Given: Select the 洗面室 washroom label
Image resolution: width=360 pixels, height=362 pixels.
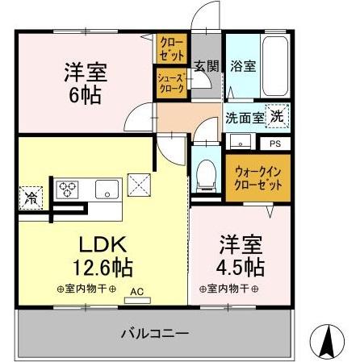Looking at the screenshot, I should point(244,117).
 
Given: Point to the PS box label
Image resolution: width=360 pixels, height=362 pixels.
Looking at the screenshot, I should point(274,144).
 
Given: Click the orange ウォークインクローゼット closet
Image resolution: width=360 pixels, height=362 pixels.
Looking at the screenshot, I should point(257,178).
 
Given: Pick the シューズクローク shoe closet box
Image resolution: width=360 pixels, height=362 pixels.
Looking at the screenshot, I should point(171,83).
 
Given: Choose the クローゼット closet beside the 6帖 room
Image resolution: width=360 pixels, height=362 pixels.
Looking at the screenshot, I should point(171,48).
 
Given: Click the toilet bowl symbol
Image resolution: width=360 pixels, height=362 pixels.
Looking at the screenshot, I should point(206,173).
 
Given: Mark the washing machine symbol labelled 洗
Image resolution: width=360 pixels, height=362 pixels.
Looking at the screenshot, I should point(277,116).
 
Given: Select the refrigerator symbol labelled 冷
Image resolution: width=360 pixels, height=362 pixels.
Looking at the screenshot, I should point(31,196).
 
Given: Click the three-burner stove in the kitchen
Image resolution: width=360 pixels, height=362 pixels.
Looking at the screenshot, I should point(67,189).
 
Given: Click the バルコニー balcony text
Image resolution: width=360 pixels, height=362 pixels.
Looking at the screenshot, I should point(155,333).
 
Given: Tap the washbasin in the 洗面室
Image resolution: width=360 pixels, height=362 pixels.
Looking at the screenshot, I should point(240,144).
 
